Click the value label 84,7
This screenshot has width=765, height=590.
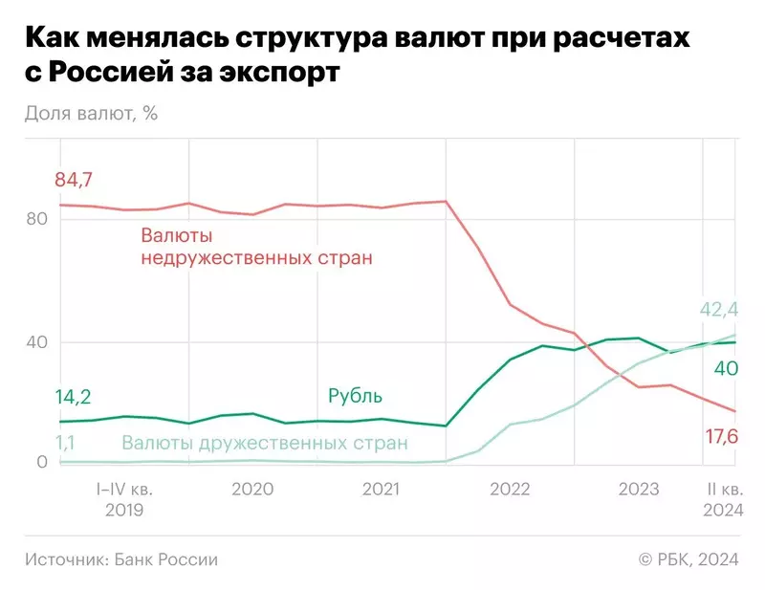[x=76, y=179]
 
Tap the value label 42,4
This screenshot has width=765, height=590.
[x=719, y=308]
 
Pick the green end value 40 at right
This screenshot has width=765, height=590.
[x=725, y=368]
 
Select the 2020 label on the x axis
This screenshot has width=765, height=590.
[x=252, y=489]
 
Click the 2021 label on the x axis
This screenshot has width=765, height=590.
[x=381, y=489]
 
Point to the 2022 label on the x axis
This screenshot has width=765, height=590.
[x=510, y=489]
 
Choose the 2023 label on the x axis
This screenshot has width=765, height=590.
[x=638, y=489]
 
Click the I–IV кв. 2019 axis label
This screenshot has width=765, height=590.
[x=123, y=499]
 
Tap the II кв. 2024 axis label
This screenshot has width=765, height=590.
[x=722, y=499]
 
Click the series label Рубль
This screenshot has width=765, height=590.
[x=355, y=396]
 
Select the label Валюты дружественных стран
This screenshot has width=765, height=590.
[x=264, y=443]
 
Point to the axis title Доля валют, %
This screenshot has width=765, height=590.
[x=91, y=114]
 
